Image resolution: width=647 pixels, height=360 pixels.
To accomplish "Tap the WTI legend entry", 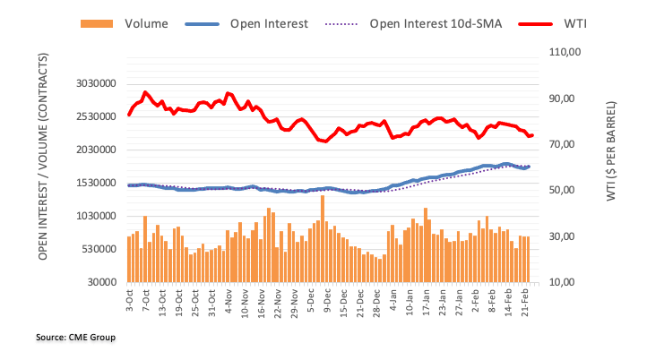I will tap(568, 24).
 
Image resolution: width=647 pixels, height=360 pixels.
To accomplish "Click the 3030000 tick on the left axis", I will tap(96, 83).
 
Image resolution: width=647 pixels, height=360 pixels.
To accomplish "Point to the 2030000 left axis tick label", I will tap(96, 150).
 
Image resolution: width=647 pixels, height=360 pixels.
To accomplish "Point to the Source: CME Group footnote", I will tap(77, 338).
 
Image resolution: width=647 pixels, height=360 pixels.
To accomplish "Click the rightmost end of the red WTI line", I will tap(532, 135).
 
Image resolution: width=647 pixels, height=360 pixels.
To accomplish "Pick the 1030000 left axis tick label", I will tap(96, 216).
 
